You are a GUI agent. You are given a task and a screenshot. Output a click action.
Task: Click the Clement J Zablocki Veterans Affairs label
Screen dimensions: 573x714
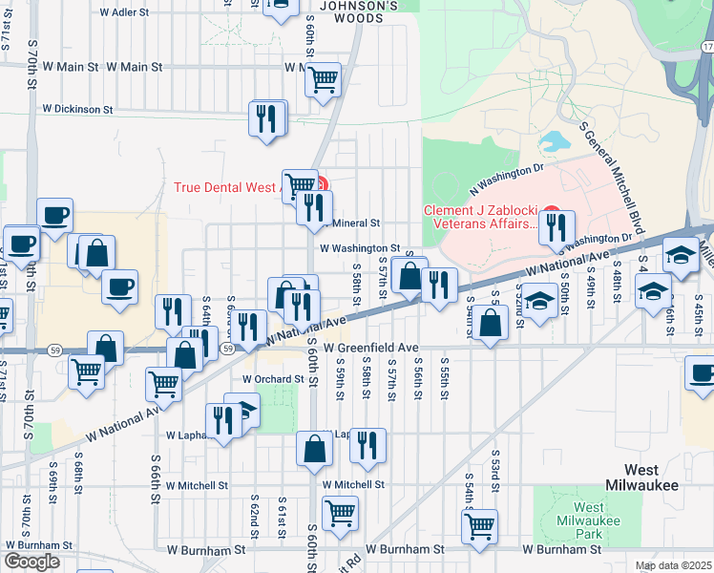(x=479, y=218)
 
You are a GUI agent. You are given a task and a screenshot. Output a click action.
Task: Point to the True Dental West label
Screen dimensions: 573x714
(x=227, y=187)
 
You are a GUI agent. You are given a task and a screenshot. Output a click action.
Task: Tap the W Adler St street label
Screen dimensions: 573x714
(x=124, y=13)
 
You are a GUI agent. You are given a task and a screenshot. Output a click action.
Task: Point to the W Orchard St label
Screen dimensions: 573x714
(x=264, y=378)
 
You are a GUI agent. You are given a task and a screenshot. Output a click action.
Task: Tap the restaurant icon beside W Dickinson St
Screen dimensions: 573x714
(x=268, y=118)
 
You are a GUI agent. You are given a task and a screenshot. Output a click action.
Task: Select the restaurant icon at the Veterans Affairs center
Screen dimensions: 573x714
(x=556, y=227)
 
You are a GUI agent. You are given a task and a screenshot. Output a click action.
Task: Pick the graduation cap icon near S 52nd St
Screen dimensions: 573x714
(x=540, y=299)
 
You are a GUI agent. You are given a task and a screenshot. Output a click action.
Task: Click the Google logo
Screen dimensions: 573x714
(x=31, y=562)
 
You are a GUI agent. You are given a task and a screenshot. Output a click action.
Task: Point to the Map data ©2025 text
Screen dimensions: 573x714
(x=673, y=565)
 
